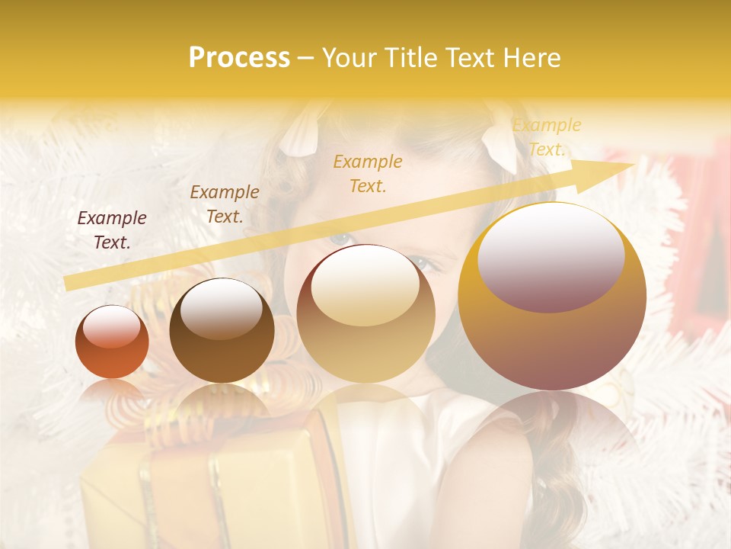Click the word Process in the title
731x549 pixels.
pyautogui.click(x=239, y=58)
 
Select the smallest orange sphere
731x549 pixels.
pyautogui.click(x=112, y=342)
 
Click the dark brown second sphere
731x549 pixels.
pyautogui.click(x=222, y=330)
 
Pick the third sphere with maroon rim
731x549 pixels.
pyautogui.click(x=365, y=313)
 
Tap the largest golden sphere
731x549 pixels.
pyautogui.click(x=552, y=297)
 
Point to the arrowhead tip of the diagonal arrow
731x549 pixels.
pyautogui.click(x=634, y=165)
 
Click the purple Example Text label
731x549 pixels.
pyautogui.click(x=112, y=230)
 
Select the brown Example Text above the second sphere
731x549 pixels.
pyautogui.click(x=225, y=204)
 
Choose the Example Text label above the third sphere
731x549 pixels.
pyautogui.click(x=368, y=173)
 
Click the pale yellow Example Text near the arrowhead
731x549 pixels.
pyautogui.click(x=547, y=137)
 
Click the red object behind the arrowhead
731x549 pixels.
pyautogui.click(x=693, y=229)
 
